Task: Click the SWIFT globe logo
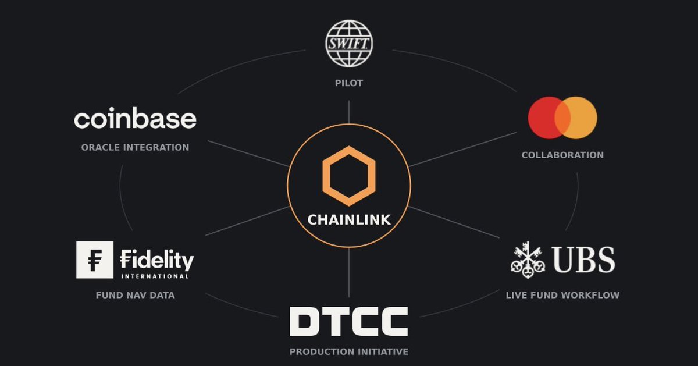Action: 349,43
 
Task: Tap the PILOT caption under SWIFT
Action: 349,83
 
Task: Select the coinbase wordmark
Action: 135,118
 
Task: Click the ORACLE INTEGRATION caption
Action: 135,147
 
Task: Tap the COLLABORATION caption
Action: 563,155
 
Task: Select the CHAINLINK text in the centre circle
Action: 349,220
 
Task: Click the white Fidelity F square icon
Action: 95,260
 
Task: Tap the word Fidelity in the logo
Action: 156,260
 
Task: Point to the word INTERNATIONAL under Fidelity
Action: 155,276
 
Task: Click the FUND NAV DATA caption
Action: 135,295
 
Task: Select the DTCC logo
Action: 349,321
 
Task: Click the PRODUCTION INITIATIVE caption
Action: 349,352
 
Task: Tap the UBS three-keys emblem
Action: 528,260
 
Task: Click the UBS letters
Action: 583,260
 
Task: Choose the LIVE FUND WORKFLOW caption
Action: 563,295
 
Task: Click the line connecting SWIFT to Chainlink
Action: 349,112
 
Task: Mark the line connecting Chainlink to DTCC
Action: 349,272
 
